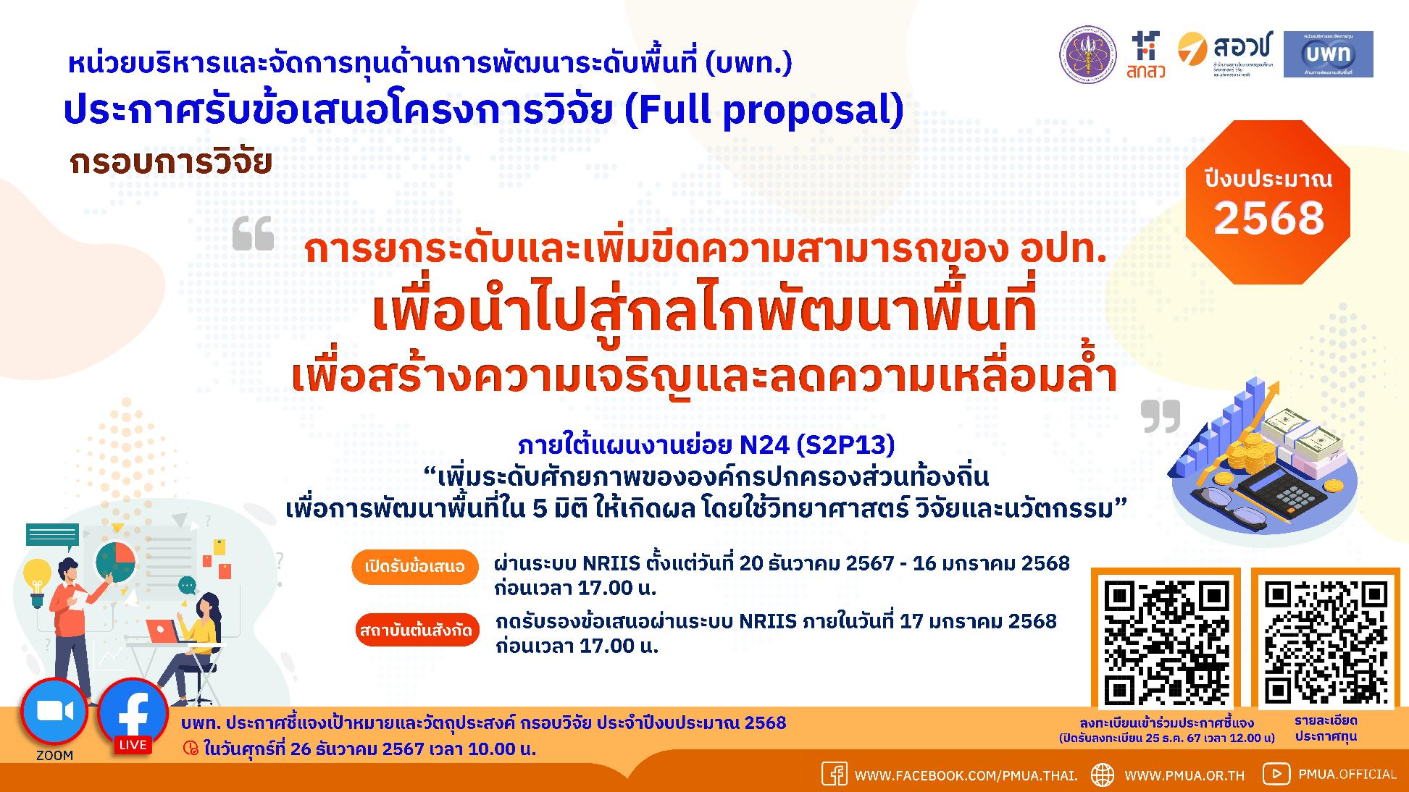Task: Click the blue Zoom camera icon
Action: click(54, 712)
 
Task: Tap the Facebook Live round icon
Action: click(133, 714)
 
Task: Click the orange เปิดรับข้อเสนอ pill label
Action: click(415, 567)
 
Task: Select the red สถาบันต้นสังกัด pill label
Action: click(417, 631)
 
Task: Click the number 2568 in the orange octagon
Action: click(1268, 218)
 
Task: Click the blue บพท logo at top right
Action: click(1328, 54)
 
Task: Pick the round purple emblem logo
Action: click(1089, 55)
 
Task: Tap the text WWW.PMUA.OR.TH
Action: click(1184, 775)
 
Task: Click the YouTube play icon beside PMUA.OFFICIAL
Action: click(1276, 774)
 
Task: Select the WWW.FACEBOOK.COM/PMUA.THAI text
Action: click(966, 775)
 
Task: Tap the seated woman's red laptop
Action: click(164, 631)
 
